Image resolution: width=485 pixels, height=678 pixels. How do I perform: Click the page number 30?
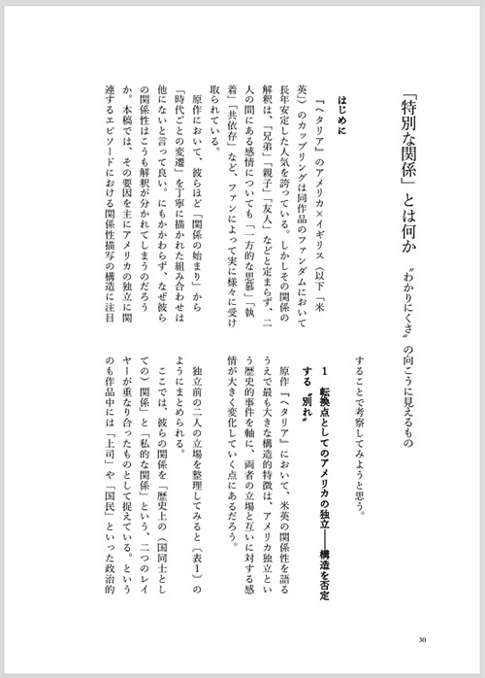click(x=418, y=638)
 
